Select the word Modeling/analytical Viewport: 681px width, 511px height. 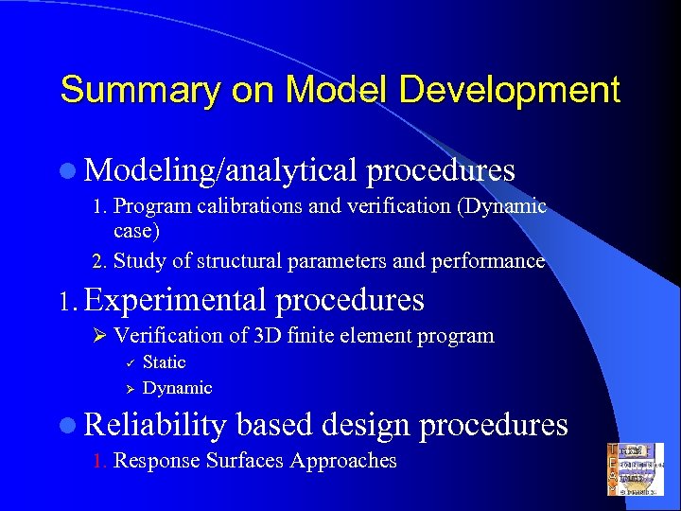pyautogui.click(x=220, y=170)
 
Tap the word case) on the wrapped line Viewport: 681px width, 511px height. pyautogui.click(x=136, y=230)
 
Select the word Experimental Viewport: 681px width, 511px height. pyautogui.click(x=177, y=301)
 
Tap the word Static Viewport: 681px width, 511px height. pyautogui.click(x=165, y=362)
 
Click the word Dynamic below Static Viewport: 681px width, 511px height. pyautogui.click(x=177, y=388)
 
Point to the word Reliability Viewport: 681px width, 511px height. pyautogui.click(x=155, y=425)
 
